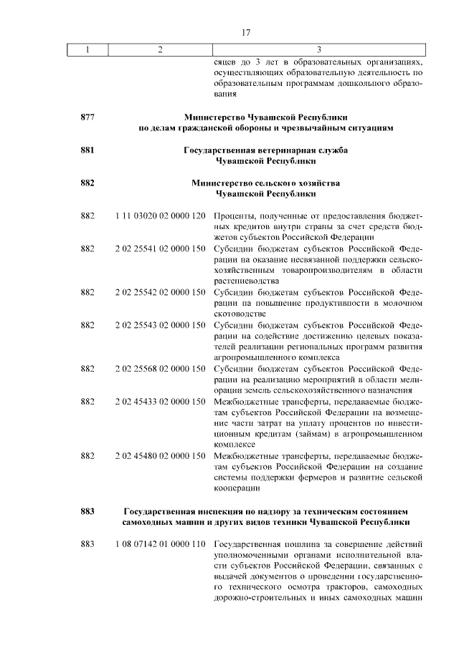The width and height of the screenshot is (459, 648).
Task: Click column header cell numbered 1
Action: click(87, 49)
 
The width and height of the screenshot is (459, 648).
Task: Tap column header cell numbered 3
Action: click(318, 49)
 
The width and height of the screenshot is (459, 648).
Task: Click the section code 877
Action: click(88, 116)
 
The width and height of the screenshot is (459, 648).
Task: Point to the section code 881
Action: click(88, 150)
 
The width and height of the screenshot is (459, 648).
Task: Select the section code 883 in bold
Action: click(88, 511)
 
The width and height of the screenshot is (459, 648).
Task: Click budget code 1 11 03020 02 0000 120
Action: click(161, 216)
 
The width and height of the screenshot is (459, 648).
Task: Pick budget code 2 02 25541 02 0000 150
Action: click(161, 248)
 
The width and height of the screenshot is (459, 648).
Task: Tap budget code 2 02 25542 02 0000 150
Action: click(161, 292)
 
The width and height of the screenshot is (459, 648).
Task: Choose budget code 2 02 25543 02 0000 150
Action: click(161, 325)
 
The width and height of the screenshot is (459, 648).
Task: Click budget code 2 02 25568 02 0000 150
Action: click(161, 369)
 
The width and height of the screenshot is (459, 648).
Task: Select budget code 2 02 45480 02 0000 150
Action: click(161, 456)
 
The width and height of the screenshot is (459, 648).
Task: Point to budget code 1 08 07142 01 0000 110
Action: click(161, 543)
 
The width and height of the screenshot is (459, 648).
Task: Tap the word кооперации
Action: click(237, 488)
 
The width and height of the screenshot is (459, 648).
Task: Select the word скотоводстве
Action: click(241, 314)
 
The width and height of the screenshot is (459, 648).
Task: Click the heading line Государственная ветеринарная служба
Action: click(265, 150)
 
